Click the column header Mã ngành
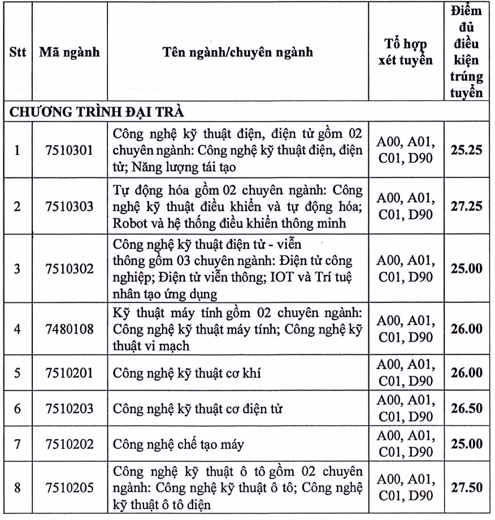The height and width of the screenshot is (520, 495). tap(70, 53)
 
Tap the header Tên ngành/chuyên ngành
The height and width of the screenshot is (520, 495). tap(237, 53)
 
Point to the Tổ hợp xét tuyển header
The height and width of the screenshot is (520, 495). tap(405, 53)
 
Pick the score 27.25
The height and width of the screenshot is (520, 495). tap(466, 206)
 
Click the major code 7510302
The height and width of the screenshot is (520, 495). tap(70, 268)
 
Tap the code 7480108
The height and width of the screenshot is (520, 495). tap(70, 329)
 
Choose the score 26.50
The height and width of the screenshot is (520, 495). tap(466, 408)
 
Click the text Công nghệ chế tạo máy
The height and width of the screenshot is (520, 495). tap(179, 444)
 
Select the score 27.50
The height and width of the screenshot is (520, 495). tap(466, 488)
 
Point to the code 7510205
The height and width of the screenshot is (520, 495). tap(70, 488)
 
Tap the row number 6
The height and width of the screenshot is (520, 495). tap(17, 408)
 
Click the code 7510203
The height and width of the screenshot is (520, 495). tap(70, 408)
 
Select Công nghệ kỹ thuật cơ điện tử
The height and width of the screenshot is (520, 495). tap(198, 408)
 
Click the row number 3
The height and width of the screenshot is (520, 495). tap(17, 268)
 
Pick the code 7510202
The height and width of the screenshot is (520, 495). tap(70, 444)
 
